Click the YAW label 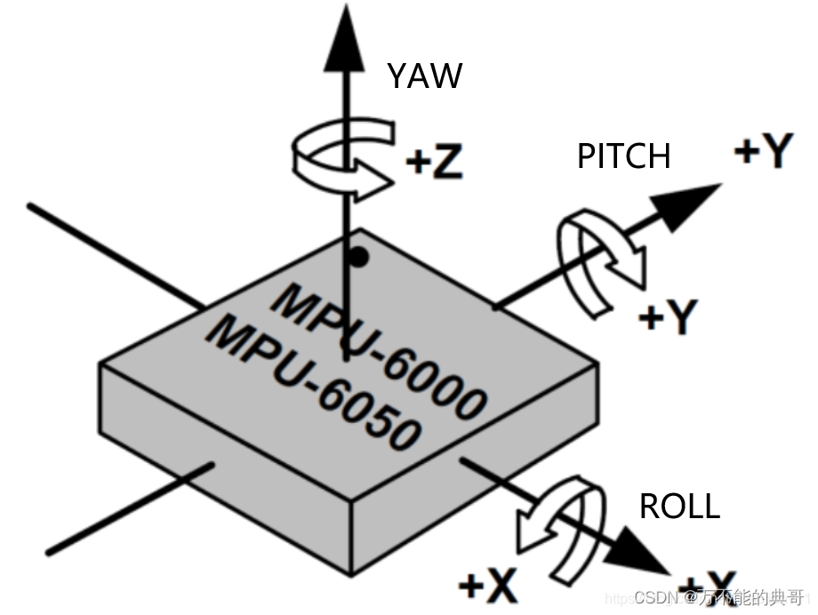pos(424,76)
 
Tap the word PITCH pos(623,156)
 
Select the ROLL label pos(679,507)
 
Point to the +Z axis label pos(435,163)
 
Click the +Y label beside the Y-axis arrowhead pos(762,152)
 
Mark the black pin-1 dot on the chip pos(357,257)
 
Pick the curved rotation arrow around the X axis pos(558,528)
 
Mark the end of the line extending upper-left pos(31,206)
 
